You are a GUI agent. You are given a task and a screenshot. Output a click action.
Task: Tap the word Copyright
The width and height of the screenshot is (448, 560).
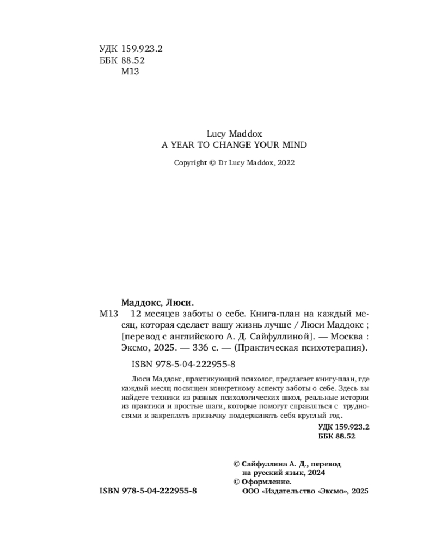point(190,163)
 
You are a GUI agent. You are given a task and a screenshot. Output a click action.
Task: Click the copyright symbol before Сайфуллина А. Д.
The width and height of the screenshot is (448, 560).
point(236,464)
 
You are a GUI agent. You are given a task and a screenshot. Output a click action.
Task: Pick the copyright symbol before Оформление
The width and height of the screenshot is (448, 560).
point(236,482)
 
